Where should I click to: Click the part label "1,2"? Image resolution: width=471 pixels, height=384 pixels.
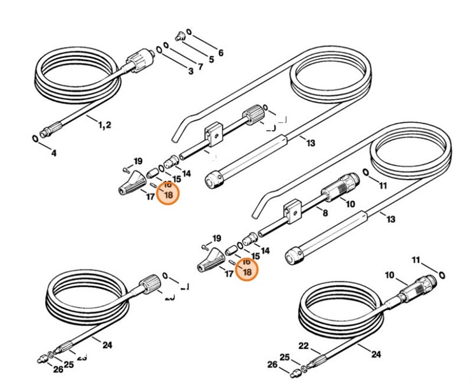pos(105,125)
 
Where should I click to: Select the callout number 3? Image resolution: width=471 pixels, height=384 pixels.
pos(190,71)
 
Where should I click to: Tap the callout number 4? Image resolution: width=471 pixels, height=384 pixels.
pos(53,153)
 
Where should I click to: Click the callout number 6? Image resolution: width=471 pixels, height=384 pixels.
pos(221,53)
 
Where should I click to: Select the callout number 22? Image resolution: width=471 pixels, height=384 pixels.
pos(304,346)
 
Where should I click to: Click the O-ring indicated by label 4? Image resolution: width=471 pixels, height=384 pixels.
pos(33,138)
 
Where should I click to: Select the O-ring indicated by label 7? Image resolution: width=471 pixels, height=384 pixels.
pos(166,45)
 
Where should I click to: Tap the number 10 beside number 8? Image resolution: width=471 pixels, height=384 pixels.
pos(350,204)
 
